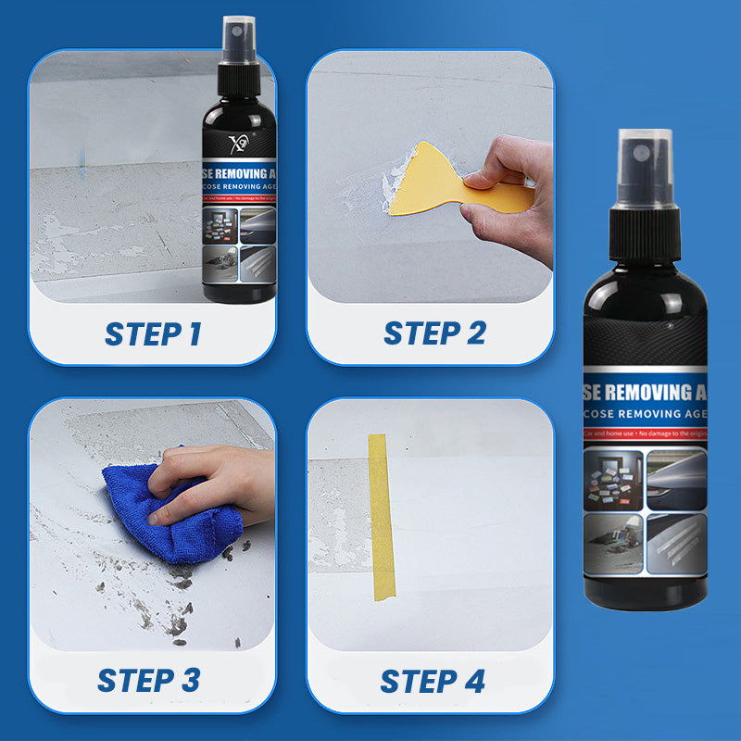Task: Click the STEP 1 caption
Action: [x=152, y=333]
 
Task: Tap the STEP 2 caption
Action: [x=434, y=333]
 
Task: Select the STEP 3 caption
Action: [x=149, y=680]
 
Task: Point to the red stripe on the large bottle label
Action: [x=646, y=433]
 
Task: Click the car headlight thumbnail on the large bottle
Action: [x=675, y=477]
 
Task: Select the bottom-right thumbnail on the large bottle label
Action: [x=675, y=542]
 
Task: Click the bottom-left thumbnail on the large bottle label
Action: [x=613, y=542]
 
